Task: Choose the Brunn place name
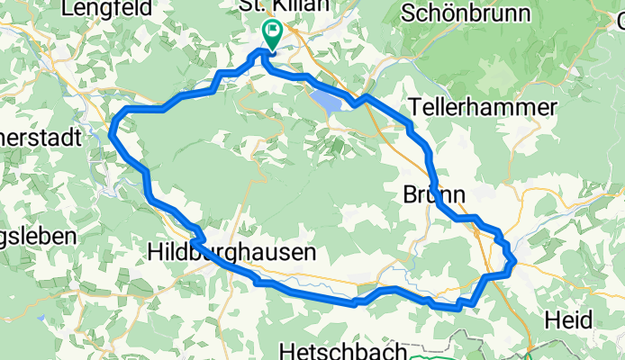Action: (x=434, y=194)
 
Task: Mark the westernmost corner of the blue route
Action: (x=111, y=133)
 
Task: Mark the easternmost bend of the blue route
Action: (x=514, y=264)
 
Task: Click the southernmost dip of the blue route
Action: (x=459, y=308)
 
